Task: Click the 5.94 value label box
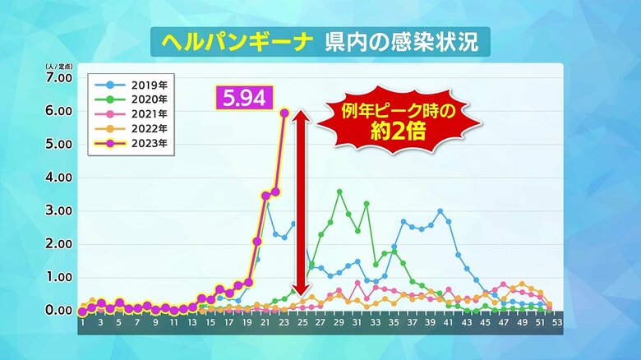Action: (x=242, y=99)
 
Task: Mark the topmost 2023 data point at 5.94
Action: (x=284, y=113)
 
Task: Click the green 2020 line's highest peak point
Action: (x=339, y=192)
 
